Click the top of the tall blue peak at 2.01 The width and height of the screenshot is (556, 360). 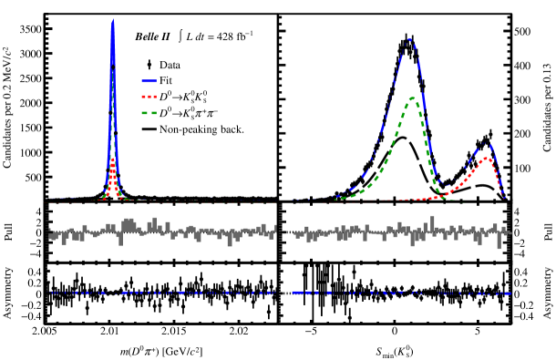(112, 21)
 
